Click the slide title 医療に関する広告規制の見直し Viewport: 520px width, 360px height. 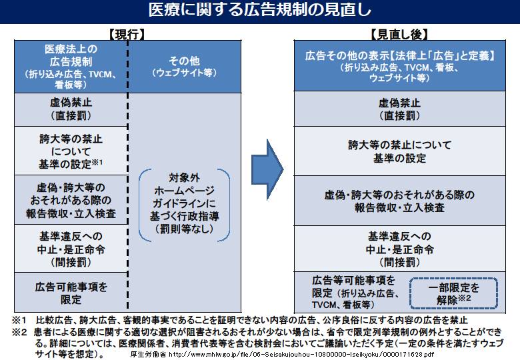pos(260,10)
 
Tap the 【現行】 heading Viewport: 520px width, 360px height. pos(127,34)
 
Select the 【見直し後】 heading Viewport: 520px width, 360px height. pos(399,34)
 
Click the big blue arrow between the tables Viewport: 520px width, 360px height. pos(267,169)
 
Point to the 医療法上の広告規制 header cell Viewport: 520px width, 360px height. pos(71,67)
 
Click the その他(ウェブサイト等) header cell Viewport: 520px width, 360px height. pos(185,67)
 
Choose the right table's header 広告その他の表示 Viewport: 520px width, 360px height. pos(399,66)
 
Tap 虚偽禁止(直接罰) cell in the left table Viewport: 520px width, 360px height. pos(71,109)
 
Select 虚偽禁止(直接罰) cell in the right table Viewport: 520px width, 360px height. pos(399,109)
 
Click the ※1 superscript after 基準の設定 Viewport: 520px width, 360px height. pos(97,163)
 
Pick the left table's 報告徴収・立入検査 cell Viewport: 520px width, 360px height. pos(71,200)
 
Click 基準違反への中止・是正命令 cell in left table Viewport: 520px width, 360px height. pos(71,249)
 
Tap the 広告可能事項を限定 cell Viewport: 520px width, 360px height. pos(71,293)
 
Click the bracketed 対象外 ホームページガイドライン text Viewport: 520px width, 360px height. pos(185,203)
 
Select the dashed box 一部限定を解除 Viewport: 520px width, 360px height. pos(453,293)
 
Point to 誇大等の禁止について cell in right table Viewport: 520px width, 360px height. pos(399,151)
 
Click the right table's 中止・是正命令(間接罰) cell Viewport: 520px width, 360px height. pos(399,249)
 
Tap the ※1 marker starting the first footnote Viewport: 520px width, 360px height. pos(19,321)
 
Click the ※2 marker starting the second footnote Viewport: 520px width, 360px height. pos(19,332)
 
